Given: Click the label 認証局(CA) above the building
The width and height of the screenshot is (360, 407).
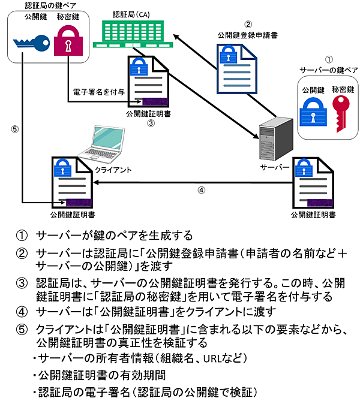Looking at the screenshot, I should [131, 13].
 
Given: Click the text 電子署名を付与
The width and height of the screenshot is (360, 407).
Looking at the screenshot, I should [98, 92].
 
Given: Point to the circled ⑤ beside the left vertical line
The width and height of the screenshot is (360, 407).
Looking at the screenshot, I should [14, 128].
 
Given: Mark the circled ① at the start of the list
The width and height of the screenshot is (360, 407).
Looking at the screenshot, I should [22, 234].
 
